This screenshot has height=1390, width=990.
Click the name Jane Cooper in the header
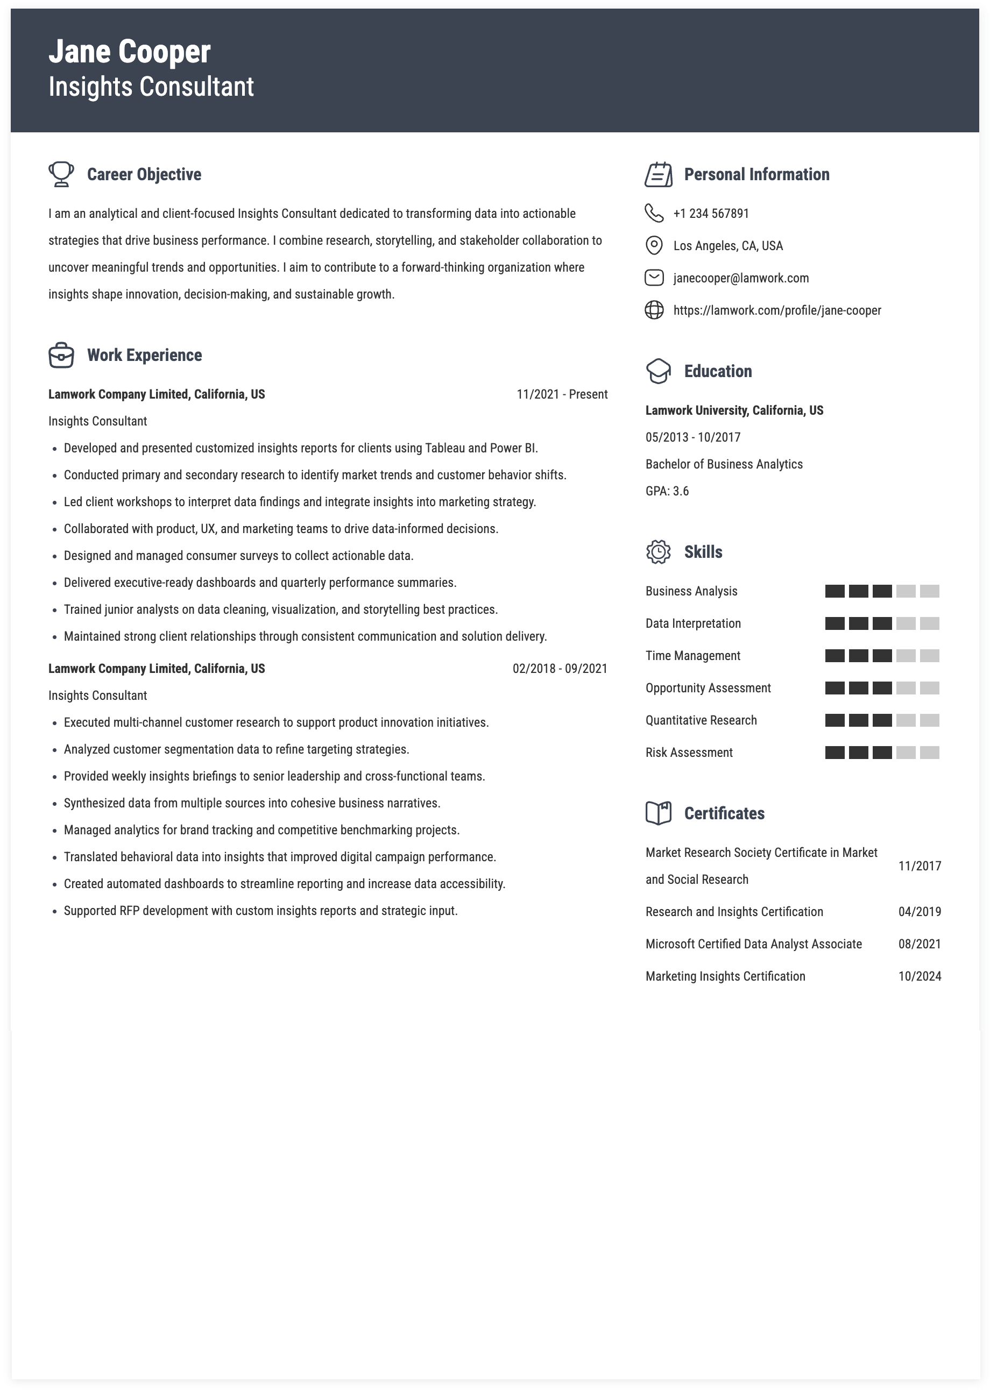[129, 52]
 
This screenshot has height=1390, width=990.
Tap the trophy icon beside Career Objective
[61, 174]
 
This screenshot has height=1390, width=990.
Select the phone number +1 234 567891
[711, 213]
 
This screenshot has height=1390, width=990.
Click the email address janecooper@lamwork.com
[741, 278]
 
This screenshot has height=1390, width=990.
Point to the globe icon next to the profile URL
[654, 310]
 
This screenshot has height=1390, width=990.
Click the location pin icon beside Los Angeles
[654, 246]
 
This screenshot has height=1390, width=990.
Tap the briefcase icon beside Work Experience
[61, 355]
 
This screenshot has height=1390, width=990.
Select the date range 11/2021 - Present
[561, 394]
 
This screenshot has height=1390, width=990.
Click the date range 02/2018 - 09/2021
[560, 669]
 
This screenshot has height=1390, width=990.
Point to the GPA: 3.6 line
[667, 491]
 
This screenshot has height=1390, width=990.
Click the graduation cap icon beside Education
[659, 371]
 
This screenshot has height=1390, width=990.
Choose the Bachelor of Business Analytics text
[724, 464]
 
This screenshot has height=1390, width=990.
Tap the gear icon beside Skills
[659, 552]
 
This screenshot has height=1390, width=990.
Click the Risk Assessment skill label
[689, 753]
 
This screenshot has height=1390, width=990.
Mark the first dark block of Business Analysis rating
[835, 591]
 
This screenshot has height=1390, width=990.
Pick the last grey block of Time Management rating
[929, 656]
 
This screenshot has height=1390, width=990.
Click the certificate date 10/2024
[920, 976]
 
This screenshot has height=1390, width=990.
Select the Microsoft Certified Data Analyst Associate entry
[753, 944]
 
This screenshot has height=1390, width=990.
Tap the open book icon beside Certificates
[659, 813]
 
